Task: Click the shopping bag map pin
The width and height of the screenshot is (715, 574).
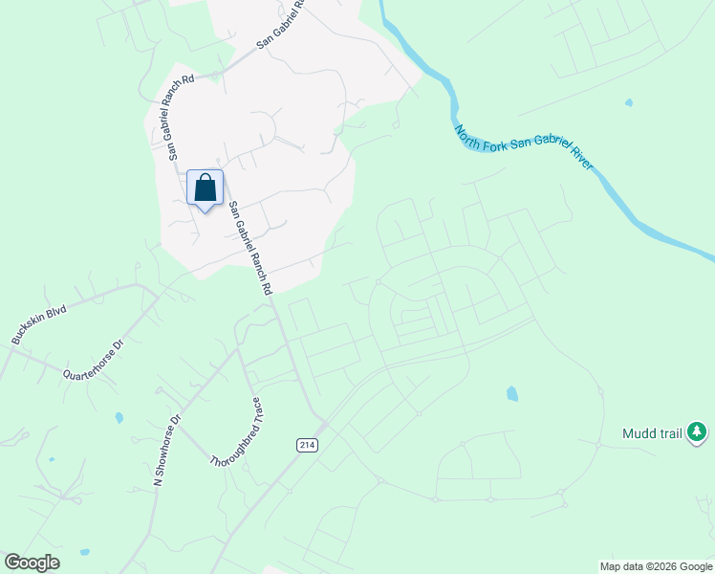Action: pyautogui.click(x=206, y=188)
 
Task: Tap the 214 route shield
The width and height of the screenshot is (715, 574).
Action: pyautogui.click(x=306, y=445)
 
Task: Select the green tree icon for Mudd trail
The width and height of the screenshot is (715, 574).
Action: pyautogui.click(x=699, y=433)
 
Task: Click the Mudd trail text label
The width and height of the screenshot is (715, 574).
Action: pyautogui.click(x=652, y=433)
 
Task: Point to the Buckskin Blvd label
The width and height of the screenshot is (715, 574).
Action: pyautogui.click(x=38, y=325)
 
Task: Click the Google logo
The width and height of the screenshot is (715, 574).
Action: pyautogui.click(x=32, y=563)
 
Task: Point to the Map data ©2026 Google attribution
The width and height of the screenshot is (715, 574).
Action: pyautogui.click(x=656, y=566)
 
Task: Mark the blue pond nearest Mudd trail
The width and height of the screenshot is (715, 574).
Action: pyautogui.click(x=512, y=393)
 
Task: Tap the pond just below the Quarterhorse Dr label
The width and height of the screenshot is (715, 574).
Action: pyautogui.click(x=119, y=418)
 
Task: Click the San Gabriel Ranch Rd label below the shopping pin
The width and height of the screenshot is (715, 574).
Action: pyautogui.click(x=249, y=248)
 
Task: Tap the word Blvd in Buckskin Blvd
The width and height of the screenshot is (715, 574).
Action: pyautogui.click(x=56, y=314)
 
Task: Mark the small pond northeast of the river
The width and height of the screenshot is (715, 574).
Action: pyautogui.click(x=628, y=102)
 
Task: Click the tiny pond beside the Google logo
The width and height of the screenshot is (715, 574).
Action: pyautogui.click(x=84, y=553)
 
